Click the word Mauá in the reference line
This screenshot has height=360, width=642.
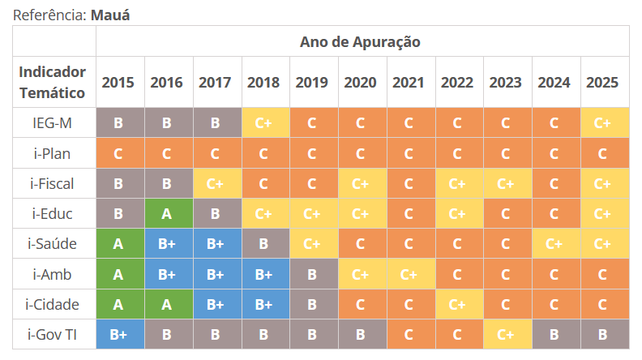click(109, 15)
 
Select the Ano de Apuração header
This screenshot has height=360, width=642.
click(360, 41)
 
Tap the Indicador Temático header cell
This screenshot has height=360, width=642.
click(53, 82)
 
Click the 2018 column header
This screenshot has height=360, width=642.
click(263, 83)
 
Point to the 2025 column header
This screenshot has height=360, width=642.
click(602, 83)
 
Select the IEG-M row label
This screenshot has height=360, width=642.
click(53, 123)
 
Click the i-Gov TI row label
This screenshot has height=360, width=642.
click(53, 335)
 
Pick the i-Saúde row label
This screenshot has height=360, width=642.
click(53, 244)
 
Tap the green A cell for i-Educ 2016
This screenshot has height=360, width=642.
click(167, 214)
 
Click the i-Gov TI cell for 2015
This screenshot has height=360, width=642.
click(118, 335)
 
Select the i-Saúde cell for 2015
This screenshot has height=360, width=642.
click(118, 244)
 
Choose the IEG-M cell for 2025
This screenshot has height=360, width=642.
click(602, 123)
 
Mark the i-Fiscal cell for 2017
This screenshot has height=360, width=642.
click(215, 184)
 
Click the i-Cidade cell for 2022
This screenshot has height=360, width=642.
click(457, 305)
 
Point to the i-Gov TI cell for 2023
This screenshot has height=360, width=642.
click(506, 335)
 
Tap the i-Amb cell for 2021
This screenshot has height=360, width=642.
click(409, 275)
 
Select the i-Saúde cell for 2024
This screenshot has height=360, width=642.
click(554, 244)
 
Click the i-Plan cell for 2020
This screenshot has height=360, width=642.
click(361, 153)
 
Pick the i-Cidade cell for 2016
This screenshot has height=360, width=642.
click(167, 305)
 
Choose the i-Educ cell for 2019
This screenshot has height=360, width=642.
click(312, 214)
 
